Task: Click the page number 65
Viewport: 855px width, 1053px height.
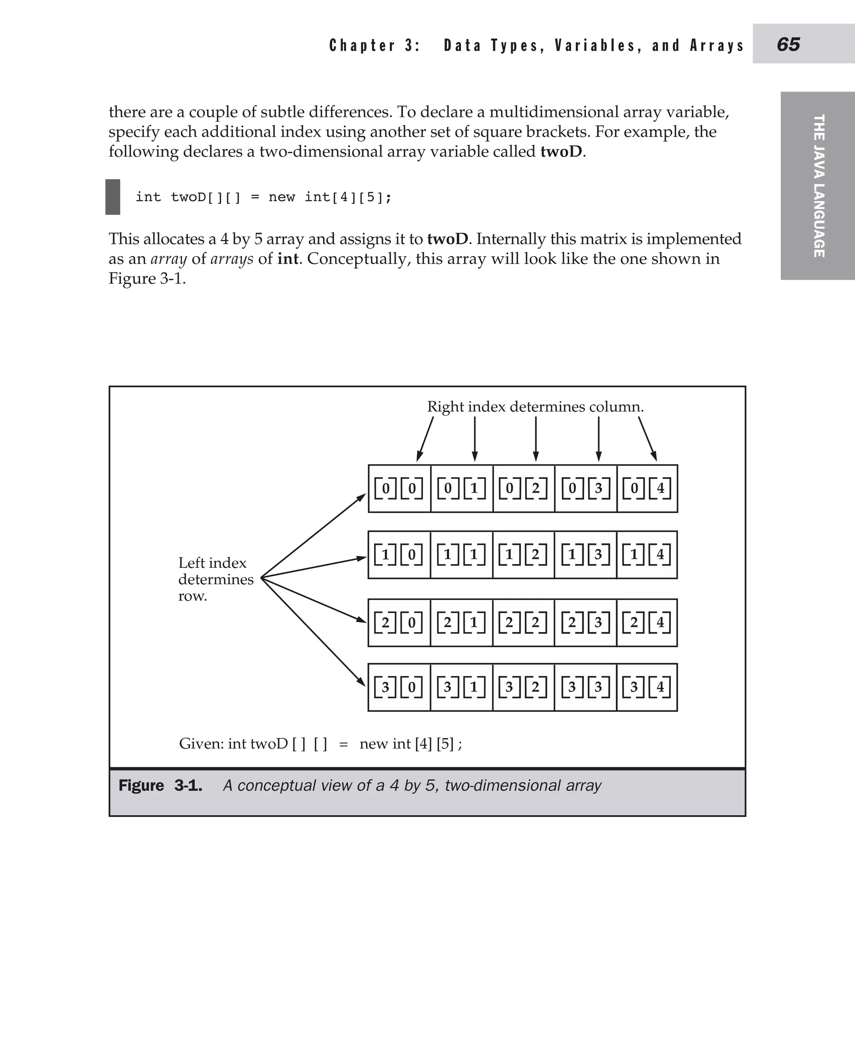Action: point(788,44)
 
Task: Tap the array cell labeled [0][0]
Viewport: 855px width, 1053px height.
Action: point(399,488)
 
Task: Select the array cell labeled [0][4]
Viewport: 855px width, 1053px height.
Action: point(647,488)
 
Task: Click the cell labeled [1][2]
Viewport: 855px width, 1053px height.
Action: point(523,554)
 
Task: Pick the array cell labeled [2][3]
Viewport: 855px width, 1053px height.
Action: point(585,623)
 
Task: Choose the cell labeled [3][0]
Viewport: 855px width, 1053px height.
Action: point(399,687)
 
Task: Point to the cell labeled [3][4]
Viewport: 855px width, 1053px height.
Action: point(647,687)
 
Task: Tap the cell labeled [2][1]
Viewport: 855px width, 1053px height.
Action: point(461,623)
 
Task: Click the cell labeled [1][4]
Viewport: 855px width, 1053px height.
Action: point(647,554)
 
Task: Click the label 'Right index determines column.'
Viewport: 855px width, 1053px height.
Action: point(535,407)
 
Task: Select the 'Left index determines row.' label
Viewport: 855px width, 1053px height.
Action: point(216,579)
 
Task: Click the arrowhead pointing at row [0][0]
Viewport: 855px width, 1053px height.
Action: point(362,497)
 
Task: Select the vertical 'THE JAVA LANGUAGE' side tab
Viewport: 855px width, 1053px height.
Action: point(819,186)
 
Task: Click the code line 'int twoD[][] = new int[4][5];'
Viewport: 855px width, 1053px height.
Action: point(263,197)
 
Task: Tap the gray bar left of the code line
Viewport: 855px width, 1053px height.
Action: point(113,197)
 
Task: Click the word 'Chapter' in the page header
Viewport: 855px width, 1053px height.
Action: point(362,46)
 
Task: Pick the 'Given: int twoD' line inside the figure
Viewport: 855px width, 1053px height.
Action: point(320,743)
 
